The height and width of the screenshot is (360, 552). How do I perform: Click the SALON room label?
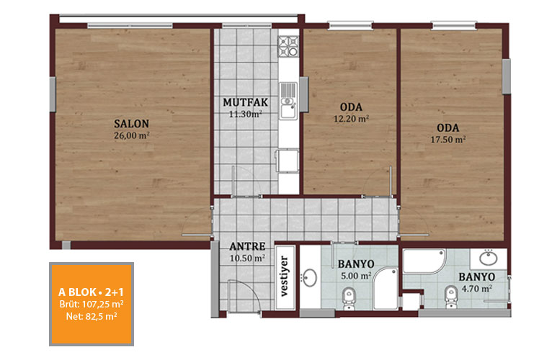131,124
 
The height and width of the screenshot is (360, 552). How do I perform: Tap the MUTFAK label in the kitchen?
245,102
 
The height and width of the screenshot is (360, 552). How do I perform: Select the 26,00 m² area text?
132,135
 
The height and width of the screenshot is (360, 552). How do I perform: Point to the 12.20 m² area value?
351,119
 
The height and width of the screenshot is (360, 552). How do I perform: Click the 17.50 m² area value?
448,140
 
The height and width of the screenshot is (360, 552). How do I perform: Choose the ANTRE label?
247,246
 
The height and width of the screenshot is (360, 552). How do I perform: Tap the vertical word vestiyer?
285,276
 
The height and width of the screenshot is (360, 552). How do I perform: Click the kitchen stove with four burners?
288,46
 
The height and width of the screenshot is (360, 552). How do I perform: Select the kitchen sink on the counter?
288,102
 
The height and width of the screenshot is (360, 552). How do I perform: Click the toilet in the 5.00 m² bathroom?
349,298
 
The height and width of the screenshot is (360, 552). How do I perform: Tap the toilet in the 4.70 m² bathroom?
450,297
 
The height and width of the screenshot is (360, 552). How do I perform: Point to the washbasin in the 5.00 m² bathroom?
310,278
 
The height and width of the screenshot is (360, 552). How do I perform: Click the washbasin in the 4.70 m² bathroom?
489,258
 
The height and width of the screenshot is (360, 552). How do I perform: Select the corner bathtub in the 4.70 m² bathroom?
424,261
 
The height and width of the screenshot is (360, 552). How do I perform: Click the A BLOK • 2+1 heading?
91,292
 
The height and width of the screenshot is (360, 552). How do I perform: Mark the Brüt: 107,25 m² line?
92,304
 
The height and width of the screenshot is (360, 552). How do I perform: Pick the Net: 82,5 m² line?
92,316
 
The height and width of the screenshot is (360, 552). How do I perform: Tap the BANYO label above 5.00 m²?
356,264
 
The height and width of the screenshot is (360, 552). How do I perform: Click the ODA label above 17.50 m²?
448,127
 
